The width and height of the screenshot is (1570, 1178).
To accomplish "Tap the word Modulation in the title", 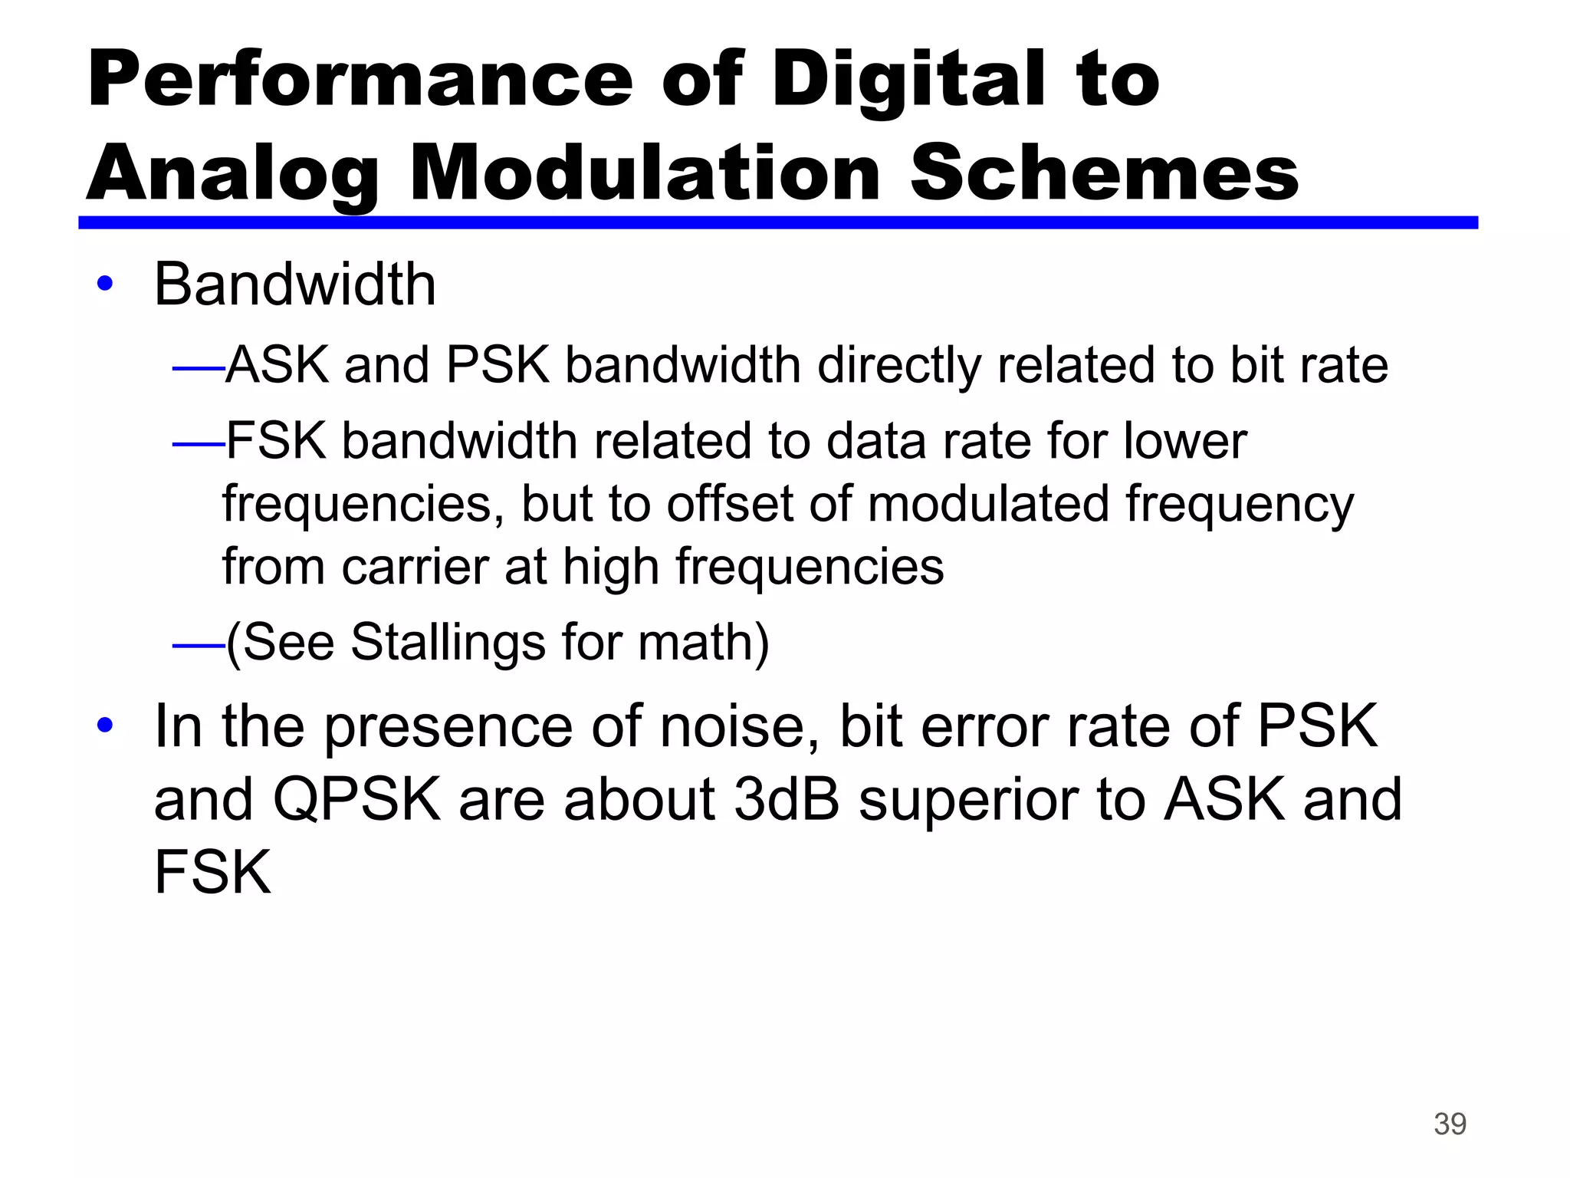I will click(x=645, y=174).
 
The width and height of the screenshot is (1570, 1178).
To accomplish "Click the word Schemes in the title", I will click(x=1104, y=174).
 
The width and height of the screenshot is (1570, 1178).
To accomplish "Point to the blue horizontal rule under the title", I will click(x=777, y=222).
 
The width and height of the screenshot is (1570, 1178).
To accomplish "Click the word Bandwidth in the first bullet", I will click(x=295, y=285).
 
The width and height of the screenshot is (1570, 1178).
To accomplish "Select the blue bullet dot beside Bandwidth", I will click(x=105, y=285).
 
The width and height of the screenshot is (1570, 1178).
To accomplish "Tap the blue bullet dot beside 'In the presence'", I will click(x=105, y=725).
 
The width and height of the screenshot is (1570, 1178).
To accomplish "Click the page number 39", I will click(x=1450, y=1124).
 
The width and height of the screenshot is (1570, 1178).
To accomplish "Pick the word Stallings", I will click(x=448, y=642).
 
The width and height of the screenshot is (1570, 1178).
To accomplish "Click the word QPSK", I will click(x=356, y=799).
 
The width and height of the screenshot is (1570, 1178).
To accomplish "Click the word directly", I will click(x=899, y=366).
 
